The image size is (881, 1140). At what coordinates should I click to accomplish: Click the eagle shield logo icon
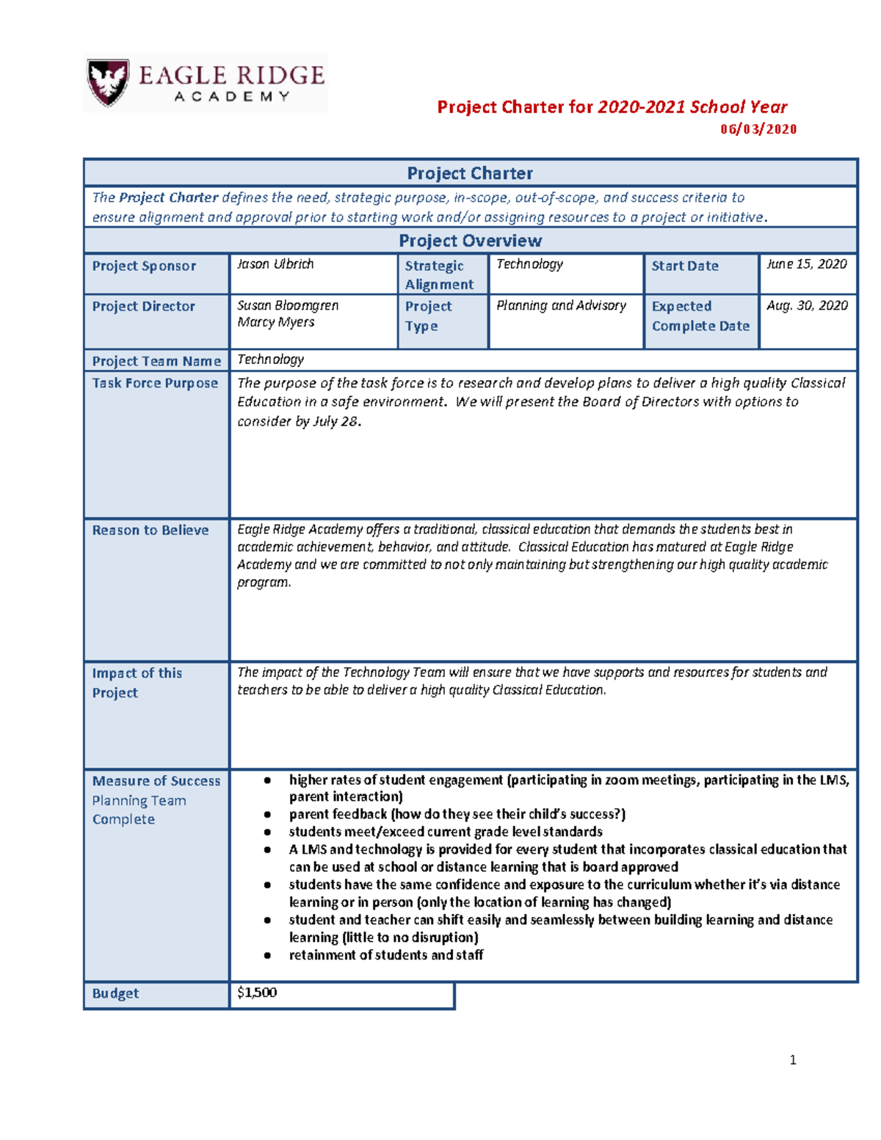(108, 81)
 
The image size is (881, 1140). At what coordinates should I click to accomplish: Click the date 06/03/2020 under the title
(758, 129)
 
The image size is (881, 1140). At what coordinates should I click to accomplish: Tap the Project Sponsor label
(144, 266)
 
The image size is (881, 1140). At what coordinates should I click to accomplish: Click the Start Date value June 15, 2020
(806, 264)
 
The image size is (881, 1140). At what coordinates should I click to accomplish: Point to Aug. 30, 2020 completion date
(806, 305)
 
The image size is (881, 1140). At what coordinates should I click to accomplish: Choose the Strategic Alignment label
(439, 275)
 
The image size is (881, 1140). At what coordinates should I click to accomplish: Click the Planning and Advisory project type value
(561, 305)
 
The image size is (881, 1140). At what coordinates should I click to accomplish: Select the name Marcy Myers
(276, 322)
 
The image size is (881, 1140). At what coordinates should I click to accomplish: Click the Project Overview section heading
(470, 241)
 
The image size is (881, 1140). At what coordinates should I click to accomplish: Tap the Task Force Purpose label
(155, 383)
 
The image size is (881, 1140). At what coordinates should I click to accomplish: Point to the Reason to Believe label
(150, 530)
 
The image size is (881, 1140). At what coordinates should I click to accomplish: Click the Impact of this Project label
(137, 683)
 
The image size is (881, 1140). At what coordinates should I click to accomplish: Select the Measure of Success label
(156, 781)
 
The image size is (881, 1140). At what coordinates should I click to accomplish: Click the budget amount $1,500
(257, 992)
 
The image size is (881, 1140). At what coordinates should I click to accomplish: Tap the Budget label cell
(115, 993)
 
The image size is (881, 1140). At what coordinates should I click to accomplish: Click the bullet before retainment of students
(268, 956)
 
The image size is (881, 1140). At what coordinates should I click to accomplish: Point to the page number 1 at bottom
(792, 1059)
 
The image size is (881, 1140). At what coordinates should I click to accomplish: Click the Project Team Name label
(156, 361)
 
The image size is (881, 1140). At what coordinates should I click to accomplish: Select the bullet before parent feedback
(268, 815)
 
